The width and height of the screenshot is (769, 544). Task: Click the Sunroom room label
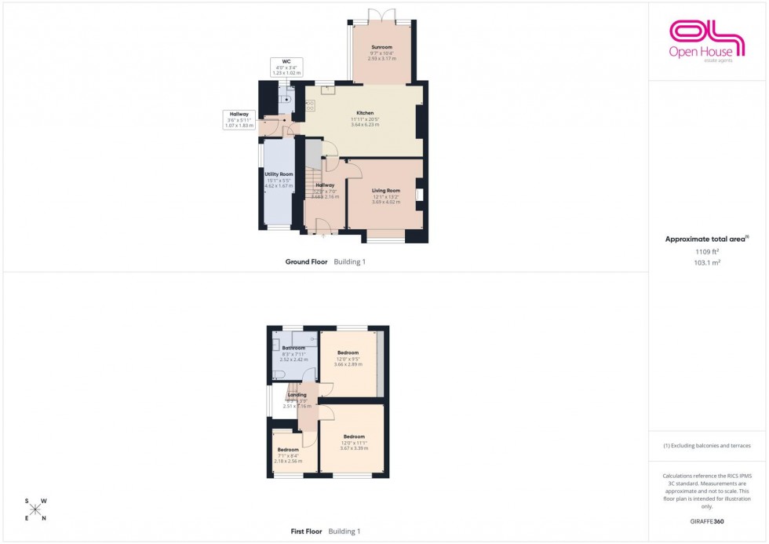tap(381, 47)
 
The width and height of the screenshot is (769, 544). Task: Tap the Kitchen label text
tap(365, 113)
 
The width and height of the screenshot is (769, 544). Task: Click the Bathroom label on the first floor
tap(293, 348)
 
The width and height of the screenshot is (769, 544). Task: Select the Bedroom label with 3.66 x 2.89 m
tap(348, 353)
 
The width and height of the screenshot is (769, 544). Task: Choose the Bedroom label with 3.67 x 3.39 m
tap(353, 437)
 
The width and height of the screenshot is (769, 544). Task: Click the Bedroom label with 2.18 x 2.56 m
tap(287, 450)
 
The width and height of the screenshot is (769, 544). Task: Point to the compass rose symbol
tap(35, 509)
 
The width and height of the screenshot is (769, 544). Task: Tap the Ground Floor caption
tap(306, 261)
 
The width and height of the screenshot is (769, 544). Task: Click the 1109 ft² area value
tap(707, 252)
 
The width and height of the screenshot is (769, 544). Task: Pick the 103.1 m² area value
tap(707, 263)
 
